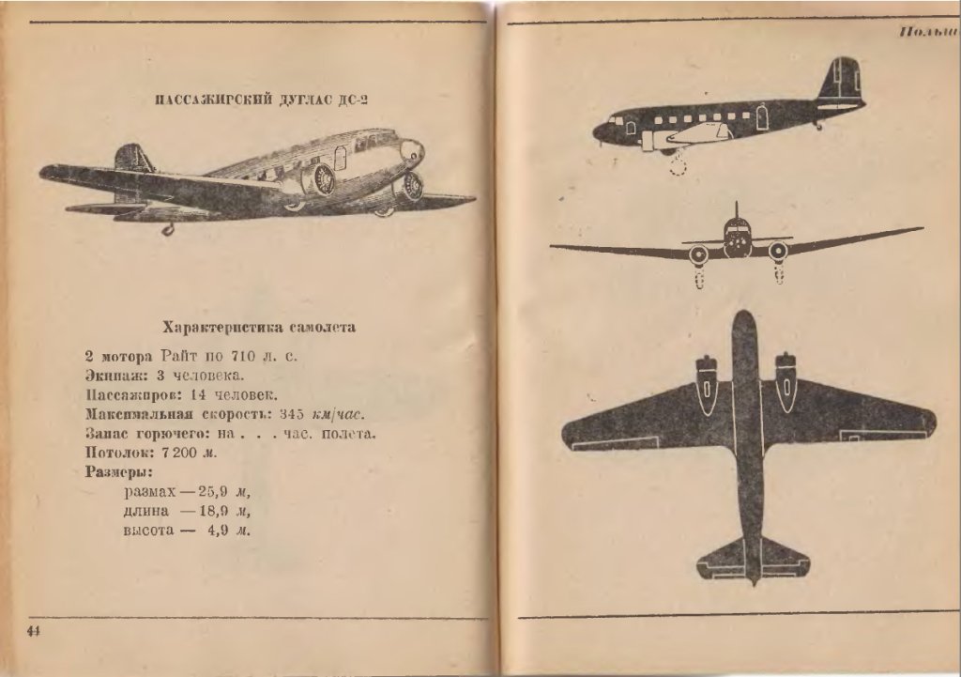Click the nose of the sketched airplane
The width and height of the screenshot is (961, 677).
pyautogui.click(x=413, y=149)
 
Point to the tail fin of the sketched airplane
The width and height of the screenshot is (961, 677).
pyautogui.click(x=131, y=159)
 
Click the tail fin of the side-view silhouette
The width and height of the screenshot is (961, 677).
pyautogui.click(x=842, y=79)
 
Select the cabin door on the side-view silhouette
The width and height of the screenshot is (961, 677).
pyautogui.click(x=762, y=117)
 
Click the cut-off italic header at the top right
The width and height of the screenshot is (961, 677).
pyautogui.click(x=927, y=32)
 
